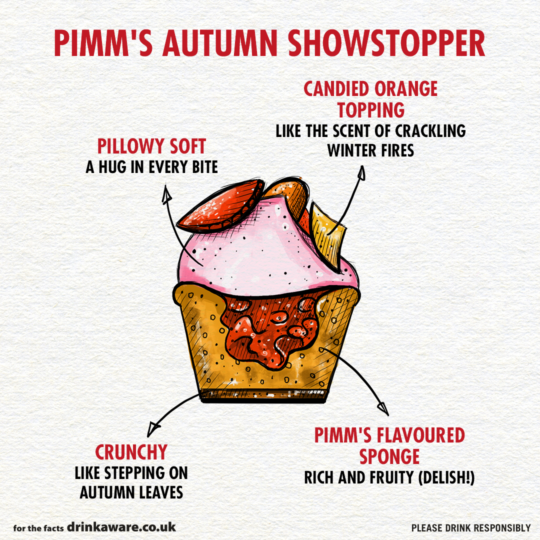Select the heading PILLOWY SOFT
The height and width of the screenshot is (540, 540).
pyautogui.click(x=151, y=146)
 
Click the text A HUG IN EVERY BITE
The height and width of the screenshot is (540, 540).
pyautogui.click(x=151, y=167)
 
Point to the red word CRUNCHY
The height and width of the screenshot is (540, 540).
pyautogui.click(x=131, y=452)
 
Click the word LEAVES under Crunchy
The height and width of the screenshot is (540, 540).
pyautogui.click(x=158, y=492)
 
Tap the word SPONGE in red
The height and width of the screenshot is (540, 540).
pyautogui.click(x=389, y=457)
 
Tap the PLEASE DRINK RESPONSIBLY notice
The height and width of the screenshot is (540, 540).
pyautogui.click(x=470, y=528)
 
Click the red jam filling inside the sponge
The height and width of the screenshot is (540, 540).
pyautogui.click(x=270, y=330)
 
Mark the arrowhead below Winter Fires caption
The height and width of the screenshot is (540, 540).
pyautogui.click(x=361, y=173)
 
